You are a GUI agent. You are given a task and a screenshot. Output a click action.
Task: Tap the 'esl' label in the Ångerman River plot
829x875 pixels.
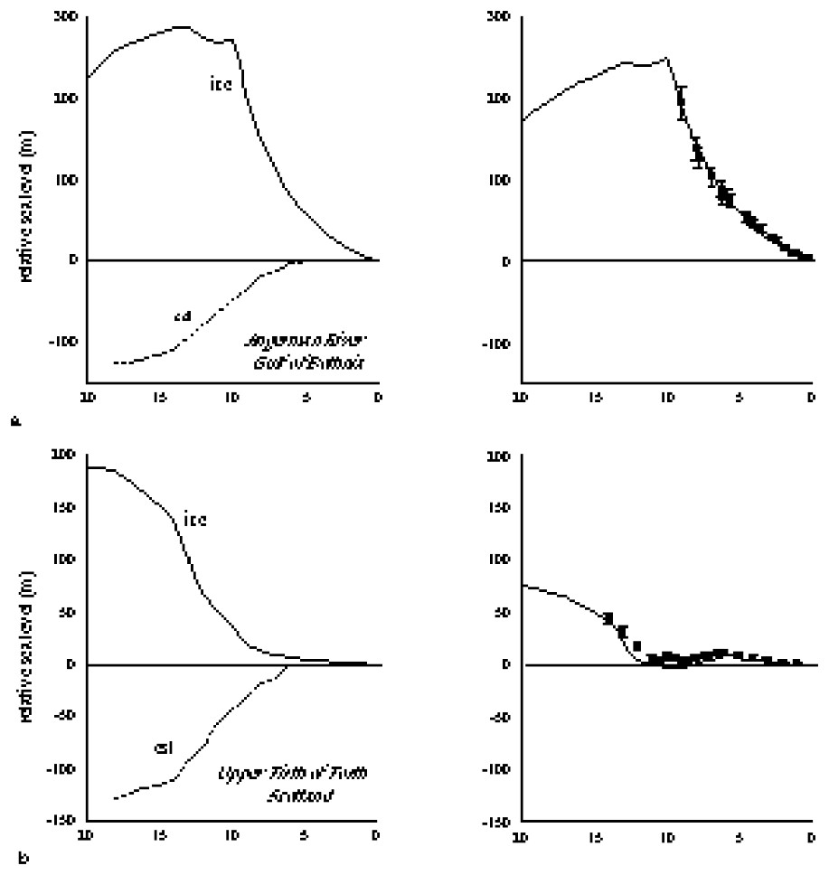tap(183, 315)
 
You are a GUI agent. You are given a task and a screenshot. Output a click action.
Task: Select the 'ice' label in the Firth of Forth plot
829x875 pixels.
tap(195, 520)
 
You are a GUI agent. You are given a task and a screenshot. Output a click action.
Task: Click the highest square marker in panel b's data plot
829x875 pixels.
tap(608, 617)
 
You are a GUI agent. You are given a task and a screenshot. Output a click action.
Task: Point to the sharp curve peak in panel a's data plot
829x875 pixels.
tap(667, 59)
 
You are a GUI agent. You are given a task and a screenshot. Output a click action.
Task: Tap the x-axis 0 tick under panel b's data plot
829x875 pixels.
tap(811, 834)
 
